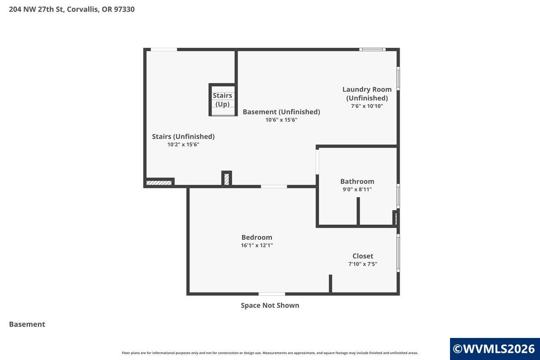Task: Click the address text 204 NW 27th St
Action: (x=36, y=9)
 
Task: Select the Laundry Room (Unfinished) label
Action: (x=367, y=94)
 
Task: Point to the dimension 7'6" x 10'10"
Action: (x=367, y=106)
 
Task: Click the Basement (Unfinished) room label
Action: (x=281, y=112)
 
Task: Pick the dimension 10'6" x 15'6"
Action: (x=281, y=120)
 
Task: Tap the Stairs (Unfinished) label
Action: (x=183, y=136)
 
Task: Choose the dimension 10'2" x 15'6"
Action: (x=183, y=144)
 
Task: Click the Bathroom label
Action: (x=357, y=181)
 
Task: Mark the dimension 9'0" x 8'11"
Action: (x=357, y=189)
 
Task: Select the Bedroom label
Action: (x=257, y=237)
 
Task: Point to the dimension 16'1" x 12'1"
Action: (x=257, y=245)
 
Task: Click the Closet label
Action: (x=363, y=256)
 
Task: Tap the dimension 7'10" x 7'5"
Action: (x=363, y=264)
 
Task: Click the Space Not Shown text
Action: (x=270, y=305)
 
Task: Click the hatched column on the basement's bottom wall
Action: (x=227, y=179)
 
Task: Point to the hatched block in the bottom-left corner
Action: (x=159, y=183)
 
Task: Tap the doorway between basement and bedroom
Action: (x=274, y=186)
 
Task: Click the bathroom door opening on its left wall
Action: (x=317, y=162)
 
